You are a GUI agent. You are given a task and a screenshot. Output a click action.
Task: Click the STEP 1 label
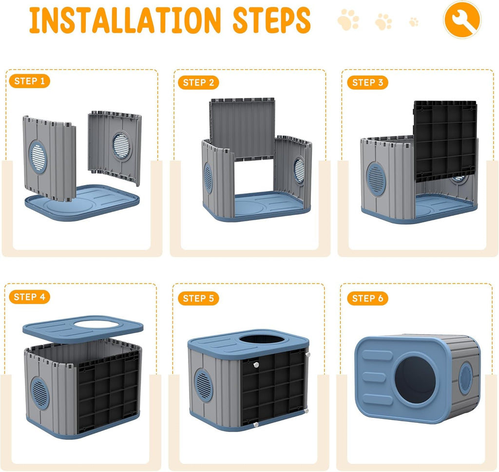tap(30, 81)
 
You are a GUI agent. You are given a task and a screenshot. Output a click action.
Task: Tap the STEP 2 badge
tap(198, 83)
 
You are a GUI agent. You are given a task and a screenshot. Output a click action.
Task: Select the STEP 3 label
tap(367, 83)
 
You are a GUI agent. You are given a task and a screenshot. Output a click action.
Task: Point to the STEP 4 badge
tap(30, 297)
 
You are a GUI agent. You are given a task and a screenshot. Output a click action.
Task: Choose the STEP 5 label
tap(198, 298)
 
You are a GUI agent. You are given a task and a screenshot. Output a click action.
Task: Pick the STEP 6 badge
tap(367, 298)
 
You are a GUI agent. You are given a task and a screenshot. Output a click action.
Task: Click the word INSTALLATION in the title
tap(125, 20)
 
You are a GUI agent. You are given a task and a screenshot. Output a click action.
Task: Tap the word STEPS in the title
tap(271, 20)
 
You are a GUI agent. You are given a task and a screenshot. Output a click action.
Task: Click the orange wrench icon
tap(462, 19)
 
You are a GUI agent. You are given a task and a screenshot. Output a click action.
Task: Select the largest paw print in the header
tap(348, 19)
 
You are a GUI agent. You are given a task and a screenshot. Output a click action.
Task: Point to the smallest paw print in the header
tap(414, 22)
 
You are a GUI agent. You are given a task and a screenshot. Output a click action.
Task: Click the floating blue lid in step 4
tap(83, 328)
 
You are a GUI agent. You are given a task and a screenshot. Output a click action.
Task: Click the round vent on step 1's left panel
tap(38, 157)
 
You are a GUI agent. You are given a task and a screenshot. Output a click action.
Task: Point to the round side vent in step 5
tap(203, 385)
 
